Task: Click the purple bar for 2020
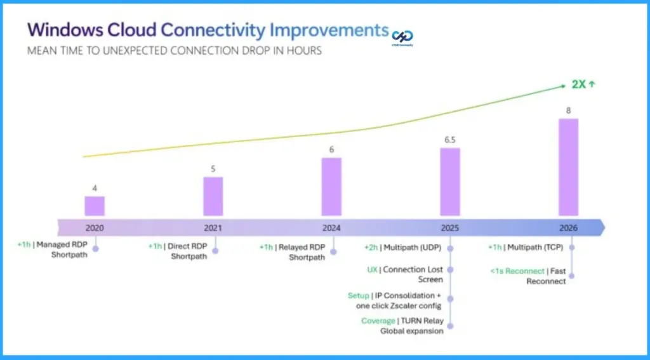click(95, 206)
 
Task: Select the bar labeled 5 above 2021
click(213, 196)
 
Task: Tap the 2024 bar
click(331, 187)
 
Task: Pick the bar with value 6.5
click(449, 182)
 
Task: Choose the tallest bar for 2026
click(568, 167)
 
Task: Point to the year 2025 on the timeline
click(449, 227)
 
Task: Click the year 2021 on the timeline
click(213, 227)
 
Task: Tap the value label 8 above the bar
click(568, 110)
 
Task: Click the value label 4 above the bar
click(95, 188)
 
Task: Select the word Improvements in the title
click(329, 30)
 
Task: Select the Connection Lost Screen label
click(415, 274)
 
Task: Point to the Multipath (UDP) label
click(417, 247)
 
